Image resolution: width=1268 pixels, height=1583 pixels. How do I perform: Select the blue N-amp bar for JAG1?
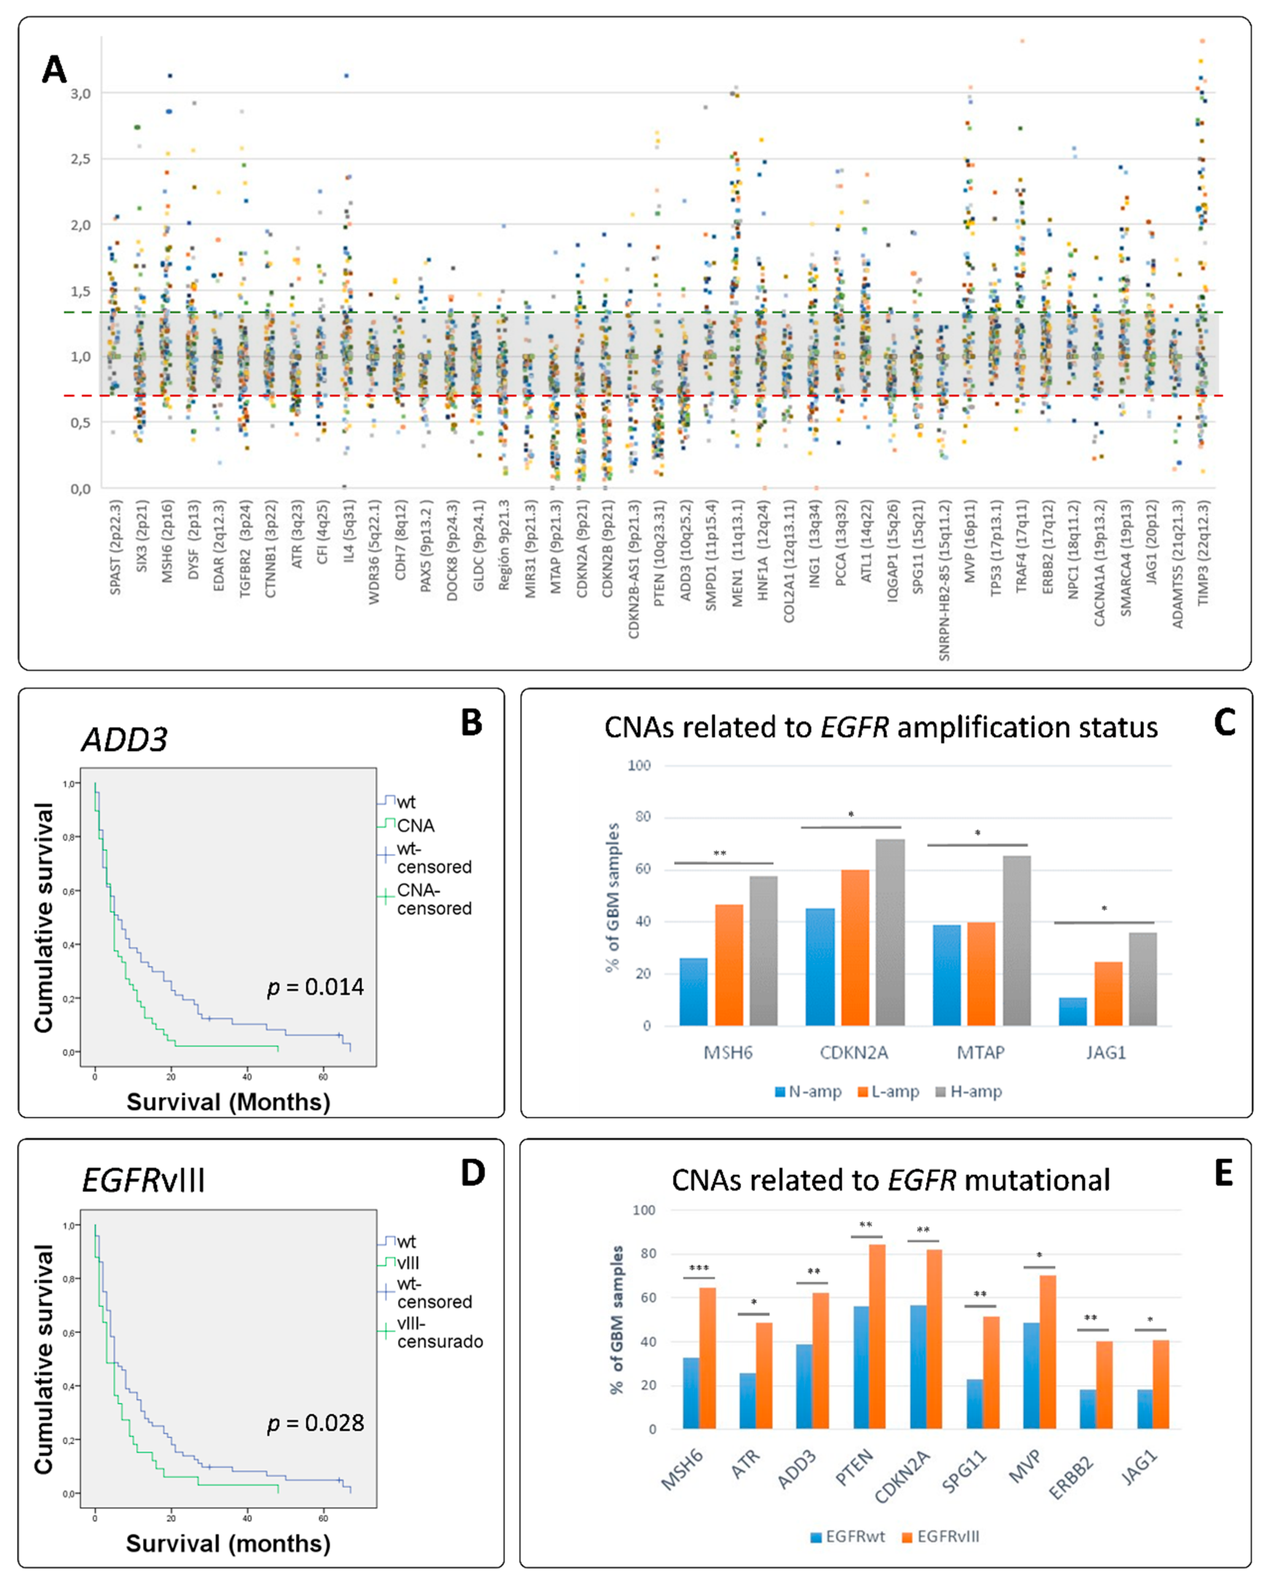(1072, 1011)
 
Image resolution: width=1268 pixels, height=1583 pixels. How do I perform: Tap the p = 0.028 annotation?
(315, 1423)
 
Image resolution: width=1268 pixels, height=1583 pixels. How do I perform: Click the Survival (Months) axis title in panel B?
(228, 1101)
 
